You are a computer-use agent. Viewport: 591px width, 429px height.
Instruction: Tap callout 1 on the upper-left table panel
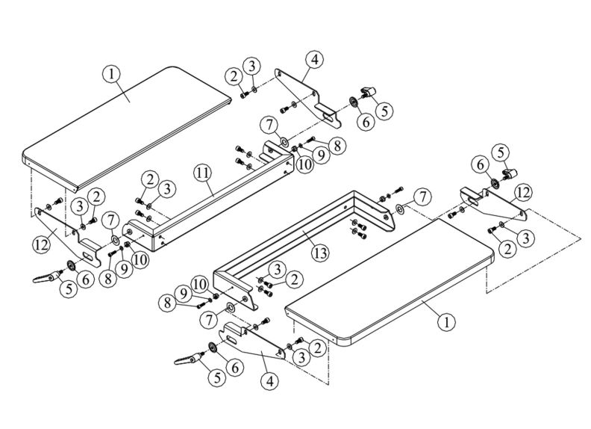click(111, 74)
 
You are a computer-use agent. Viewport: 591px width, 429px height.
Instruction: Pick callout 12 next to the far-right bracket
click(523, 192)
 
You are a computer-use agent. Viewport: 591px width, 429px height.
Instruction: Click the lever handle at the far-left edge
click(44, 277)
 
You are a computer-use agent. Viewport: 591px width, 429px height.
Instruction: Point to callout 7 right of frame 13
click(423, 197)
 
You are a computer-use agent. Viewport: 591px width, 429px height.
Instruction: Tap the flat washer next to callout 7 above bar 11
click(285, 142)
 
